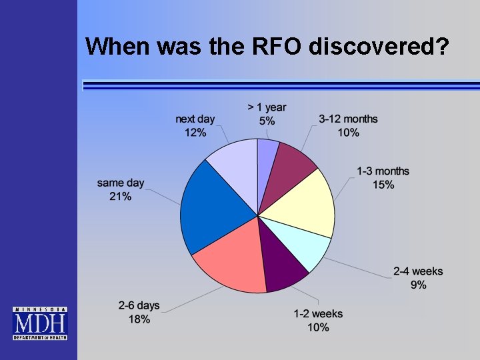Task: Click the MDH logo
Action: pos(40,323)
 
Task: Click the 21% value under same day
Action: pos(121,197)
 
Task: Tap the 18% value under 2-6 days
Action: pos(139,319)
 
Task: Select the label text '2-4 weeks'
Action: pos(418,271)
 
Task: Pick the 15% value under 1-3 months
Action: pos(383,185)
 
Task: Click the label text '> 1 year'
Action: pos(267,107)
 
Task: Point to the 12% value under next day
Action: pos(195,133)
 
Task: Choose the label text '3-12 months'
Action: pos(348,119)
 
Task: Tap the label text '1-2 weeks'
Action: pos(318,314)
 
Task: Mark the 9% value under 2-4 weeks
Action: pos(419,285)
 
